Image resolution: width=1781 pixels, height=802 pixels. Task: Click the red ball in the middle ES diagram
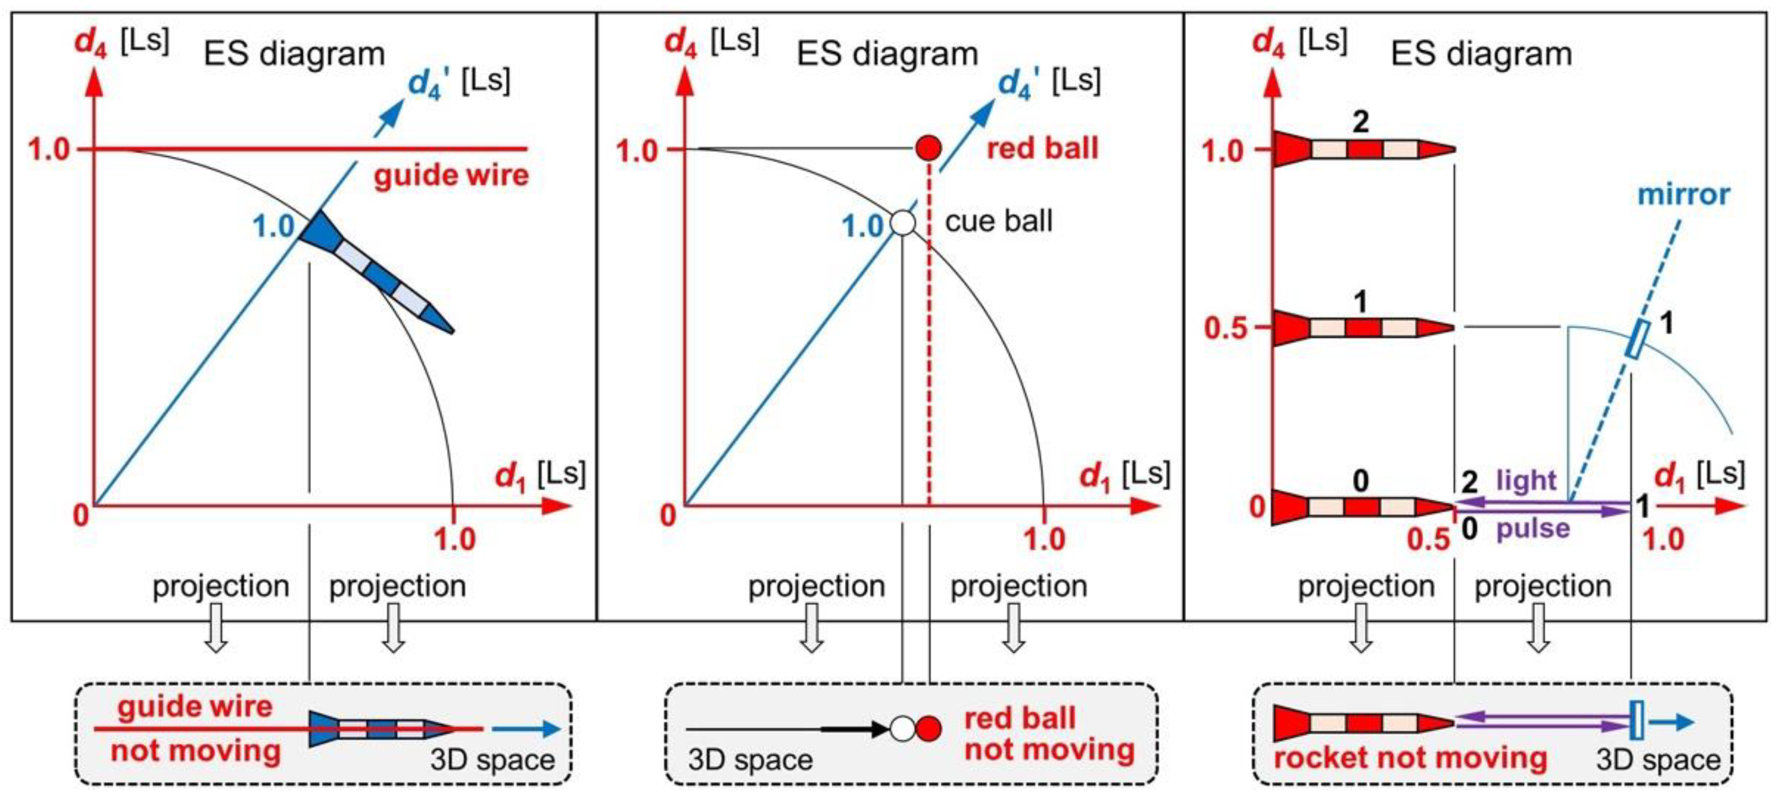(x=928, y=148)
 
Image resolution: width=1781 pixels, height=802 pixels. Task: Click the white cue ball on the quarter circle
(x=902, y=223)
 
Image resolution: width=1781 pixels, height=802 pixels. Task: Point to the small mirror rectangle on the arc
(x=1637, y=340)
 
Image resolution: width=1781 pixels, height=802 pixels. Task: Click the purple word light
(x=1526, y=480)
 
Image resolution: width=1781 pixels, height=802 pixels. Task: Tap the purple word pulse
(x=1533, y=529)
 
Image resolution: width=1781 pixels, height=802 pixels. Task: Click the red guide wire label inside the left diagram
(x=451, y=175)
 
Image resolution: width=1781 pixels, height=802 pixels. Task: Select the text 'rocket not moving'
(x=1410, y=757)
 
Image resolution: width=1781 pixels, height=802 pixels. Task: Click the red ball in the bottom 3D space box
(x=929, y=729)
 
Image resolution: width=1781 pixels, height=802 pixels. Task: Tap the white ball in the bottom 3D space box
(x=902, y=729)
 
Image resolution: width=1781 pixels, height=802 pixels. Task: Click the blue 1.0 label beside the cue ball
(x=862, y=226)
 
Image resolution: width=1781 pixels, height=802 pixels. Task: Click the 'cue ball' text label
(x=998, y=221)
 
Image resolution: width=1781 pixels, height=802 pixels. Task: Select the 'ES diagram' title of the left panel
(x=294, y=54)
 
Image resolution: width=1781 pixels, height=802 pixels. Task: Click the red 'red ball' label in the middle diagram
(x=1042, y=149)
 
